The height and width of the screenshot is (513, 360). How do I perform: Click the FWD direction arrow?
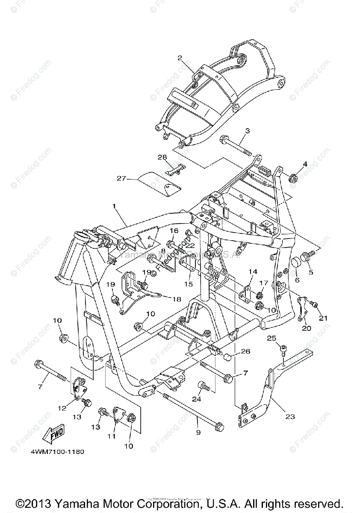point(53,436)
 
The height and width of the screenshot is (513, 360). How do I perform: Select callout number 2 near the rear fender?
point(180,57)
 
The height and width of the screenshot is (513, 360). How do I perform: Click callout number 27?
point(121,178)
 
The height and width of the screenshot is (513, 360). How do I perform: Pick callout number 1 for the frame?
point(114,206)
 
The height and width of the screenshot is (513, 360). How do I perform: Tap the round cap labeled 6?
point(295,264)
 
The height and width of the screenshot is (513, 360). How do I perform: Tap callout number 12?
point(62,408)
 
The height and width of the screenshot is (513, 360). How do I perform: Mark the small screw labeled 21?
point(314,304)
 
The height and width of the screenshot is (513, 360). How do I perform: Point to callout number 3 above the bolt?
point(247,130)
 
